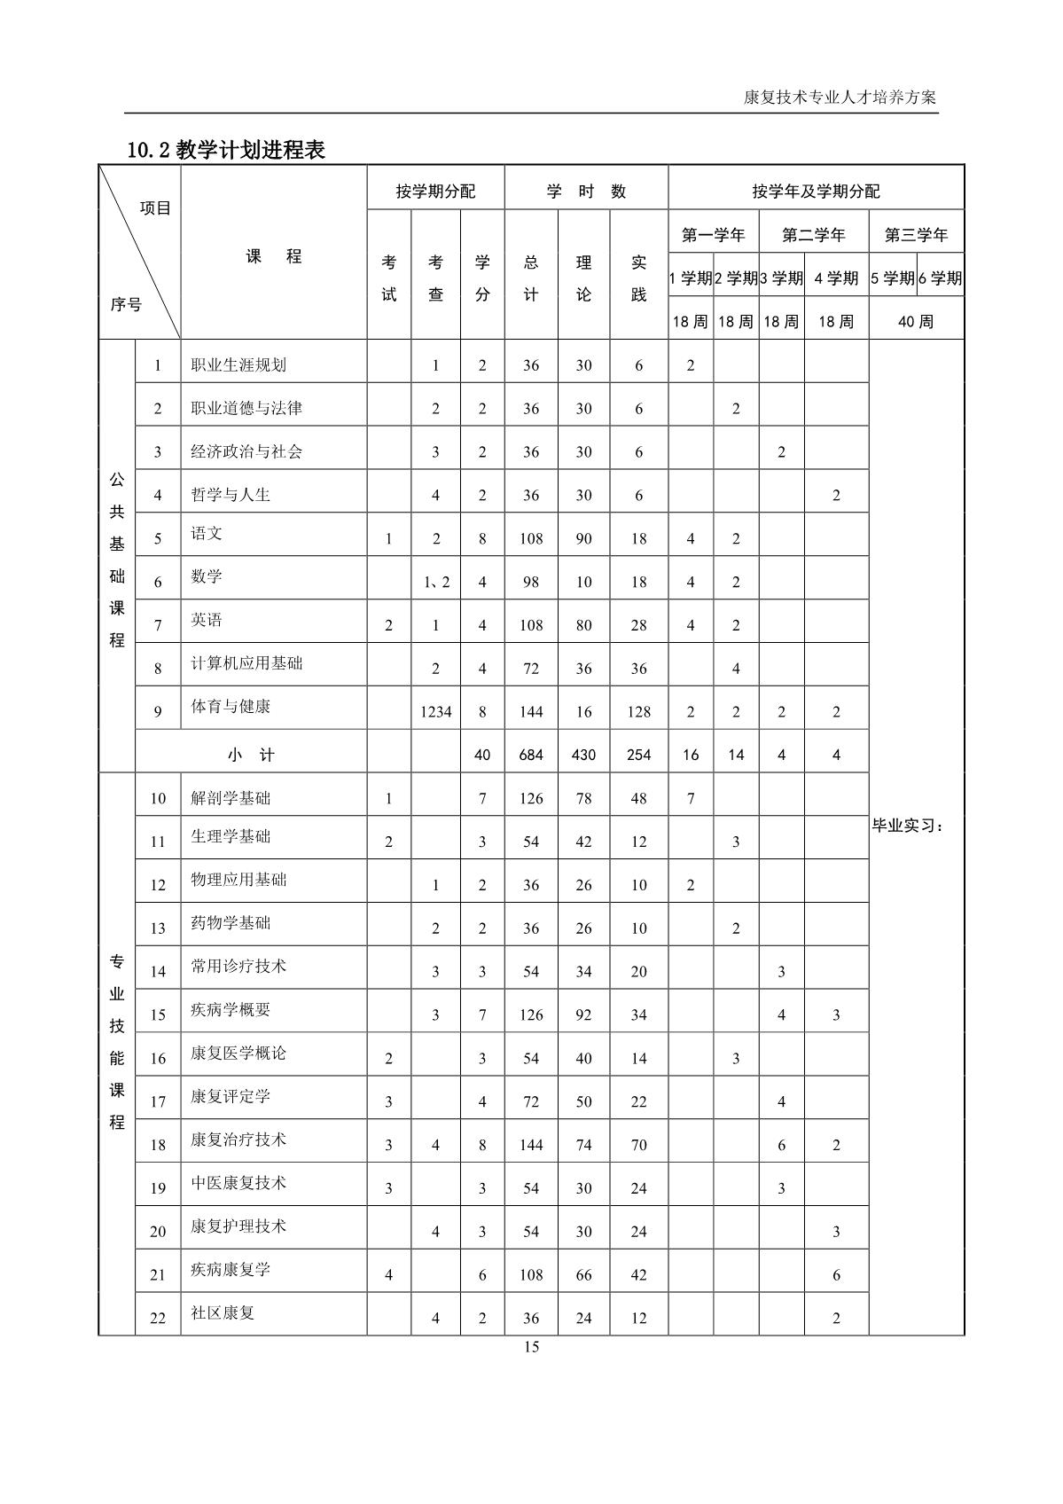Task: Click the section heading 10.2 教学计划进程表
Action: click(x=226, y=150)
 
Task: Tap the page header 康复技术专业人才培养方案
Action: click(x=840, y=98)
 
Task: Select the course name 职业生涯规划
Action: click(x=238, y=364)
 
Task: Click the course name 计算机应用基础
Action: click(x=246, y=663)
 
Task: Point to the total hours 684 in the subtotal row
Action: click(x=530, y=755)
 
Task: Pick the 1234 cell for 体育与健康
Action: click(x=435, y=711)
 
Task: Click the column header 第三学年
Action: click(x=916, y=235)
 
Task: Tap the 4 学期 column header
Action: click(x=836, y=278)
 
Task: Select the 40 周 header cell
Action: click(x=916, y=321)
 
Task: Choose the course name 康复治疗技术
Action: click(x=238, y=1140)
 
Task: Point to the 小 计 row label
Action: click(x=251, y=755)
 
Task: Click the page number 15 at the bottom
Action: click(x=531, y=1347)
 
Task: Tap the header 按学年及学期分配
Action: click(x=816, y=192)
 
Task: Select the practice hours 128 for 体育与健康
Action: click(x=638, y=711)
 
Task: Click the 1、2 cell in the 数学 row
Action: click(x=435, y=582)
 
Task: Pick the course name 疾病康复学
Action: click(x=231, y=1270)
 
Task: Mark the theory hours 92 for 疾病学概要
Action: click(x=583, y=1014)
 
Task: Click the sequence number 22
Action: click(x=158, y=1318)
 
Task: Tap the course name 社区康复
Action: click(x=223, y=1312)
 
